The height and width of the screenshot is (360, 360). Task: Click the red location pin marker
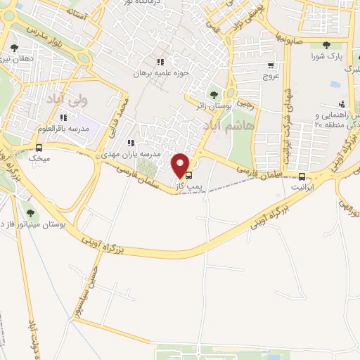[x=181, y=165]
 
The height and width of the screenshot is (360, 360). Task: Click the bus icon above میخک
[x=38, y=148]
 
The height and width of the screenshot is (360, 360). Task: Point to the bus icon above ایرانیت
[x=302, y=176]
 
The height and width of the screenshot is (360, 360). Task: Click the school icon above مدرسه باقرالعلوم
[x=64, y=117]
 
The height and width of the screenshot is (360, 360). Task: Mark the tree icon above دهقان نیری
[x=15, y=48]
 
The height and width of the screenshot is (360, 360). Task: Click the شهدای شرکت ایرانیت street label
[x=288, y=120]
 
